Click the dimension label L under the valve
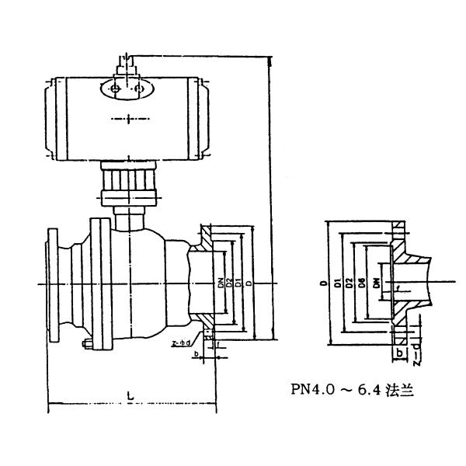coord(130,396)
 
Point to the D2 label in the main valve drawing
coord(229,285)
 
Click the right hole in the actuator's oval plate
coord(139,90)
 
